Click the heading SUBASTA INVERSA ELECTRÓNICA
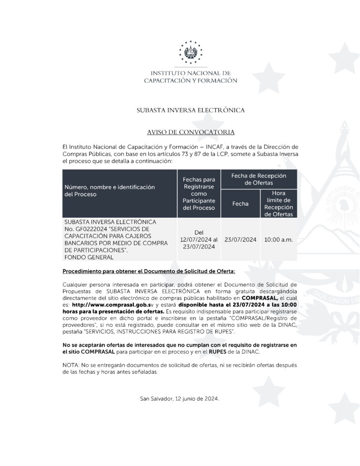point(191,110)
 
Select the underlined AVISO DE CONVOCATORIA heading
point(191,132)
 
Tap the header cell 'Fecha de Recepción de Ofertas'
point(258,179)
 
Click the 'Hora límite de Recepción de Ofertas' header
point(278,203)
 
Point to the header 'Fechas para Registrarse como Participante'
point(198,193)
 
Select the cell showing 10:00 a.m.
point(278,239)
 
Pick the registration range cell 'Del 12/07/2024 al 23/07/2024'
point(199,239)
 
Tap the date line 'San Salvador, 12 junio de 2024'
point(180,399)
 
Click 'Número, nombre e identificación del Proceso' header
point(110,190)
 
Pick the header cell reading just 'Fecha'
point(240,203)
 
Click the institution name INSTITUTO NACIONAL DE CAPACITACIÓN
point(191,76)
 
